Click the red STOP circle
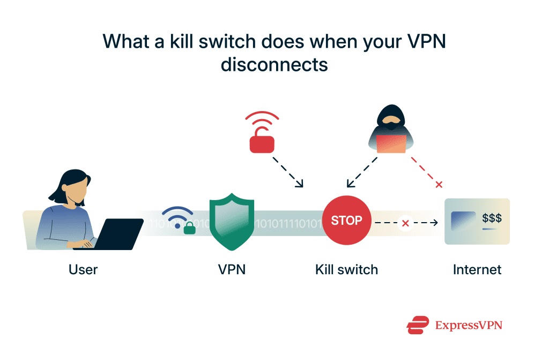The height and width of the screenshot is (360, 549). [346, 221]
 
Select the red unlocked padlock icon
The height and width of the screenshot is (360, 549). [262, 140]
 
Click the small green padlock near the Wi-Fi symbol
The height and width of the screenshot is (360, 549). [189, 227]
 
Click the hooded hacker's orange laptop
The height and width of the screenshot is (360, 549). [391, 144]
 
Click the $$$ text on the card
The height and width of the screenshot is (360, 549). [492, 218]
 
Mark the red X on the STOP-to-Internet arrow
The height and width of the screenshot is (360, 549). [405, 222]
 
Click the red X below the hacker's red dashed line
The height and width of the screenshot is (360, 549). [439, 185]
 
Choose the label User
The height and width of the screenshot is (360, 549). [83, 269]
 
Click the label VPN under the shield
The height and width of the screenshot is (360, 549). [232, 269]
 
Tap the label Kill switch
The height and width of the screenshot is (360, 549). [346, 269]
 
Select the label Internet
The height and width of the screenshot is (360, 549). [477, 269]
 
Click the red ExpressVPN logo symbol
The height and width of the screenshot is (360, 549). [418, 325]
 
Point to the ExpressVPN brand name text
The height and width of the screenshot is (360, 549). [469, 325]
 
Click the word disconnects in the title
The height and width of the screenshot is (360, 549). [274, 64]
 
